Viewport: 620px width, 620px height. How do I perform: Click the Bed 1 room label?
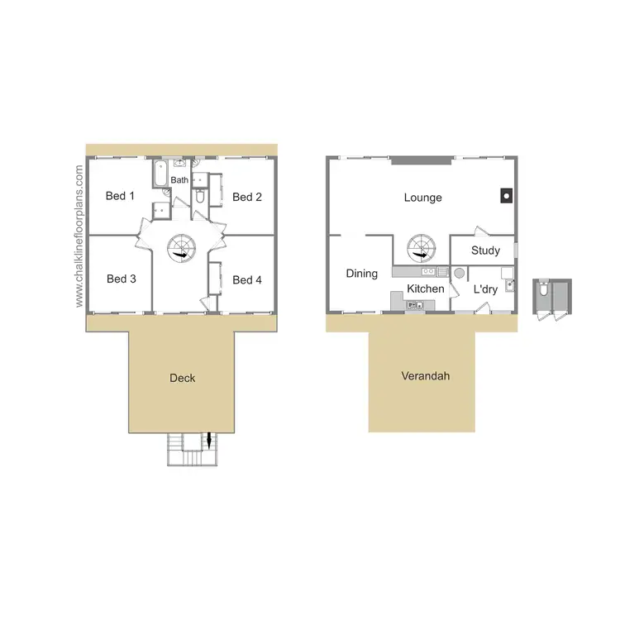tap(121, 196)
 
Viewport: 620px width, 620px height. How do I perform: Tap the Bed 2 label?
tap(247, 197)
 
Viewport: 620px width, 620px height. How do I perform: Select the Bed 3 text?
tap(122, 279)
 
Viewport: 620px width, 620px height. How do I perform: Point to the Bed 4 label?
tap(247, 280)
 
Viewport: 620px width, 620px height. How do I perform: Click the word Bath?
tap(179, 179)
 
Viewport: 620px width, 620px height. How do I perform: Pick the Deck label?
tap(183, 378)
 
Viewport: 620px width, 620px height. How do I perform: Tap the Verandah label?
tap(425, 376)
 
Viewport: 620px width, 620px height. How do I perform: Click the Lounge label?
tap(422, 198)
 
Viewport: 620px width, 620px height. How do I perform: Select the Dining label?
tap(362, 274)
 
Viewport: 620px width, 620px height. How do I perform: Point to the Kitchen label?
tap(426, 289)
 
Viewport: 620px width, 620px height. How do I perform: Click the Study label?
tap(485, 250)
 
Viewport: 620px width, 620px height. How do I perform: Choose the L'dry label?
tap(485, 290)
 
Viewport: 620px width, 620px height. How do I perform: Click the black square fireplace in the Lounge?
tap(504, 196)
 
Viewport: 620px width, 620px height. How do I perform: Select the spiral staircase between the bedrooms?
tap(181, 247)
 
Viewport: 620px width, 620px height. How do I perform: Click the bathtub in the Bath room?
tap(160, 174)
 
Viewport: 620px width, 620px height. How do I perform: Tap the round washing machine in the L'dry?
tap(459, 272)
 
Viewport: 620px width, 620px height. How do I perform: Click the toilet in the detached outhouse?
tap(542, 290)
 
